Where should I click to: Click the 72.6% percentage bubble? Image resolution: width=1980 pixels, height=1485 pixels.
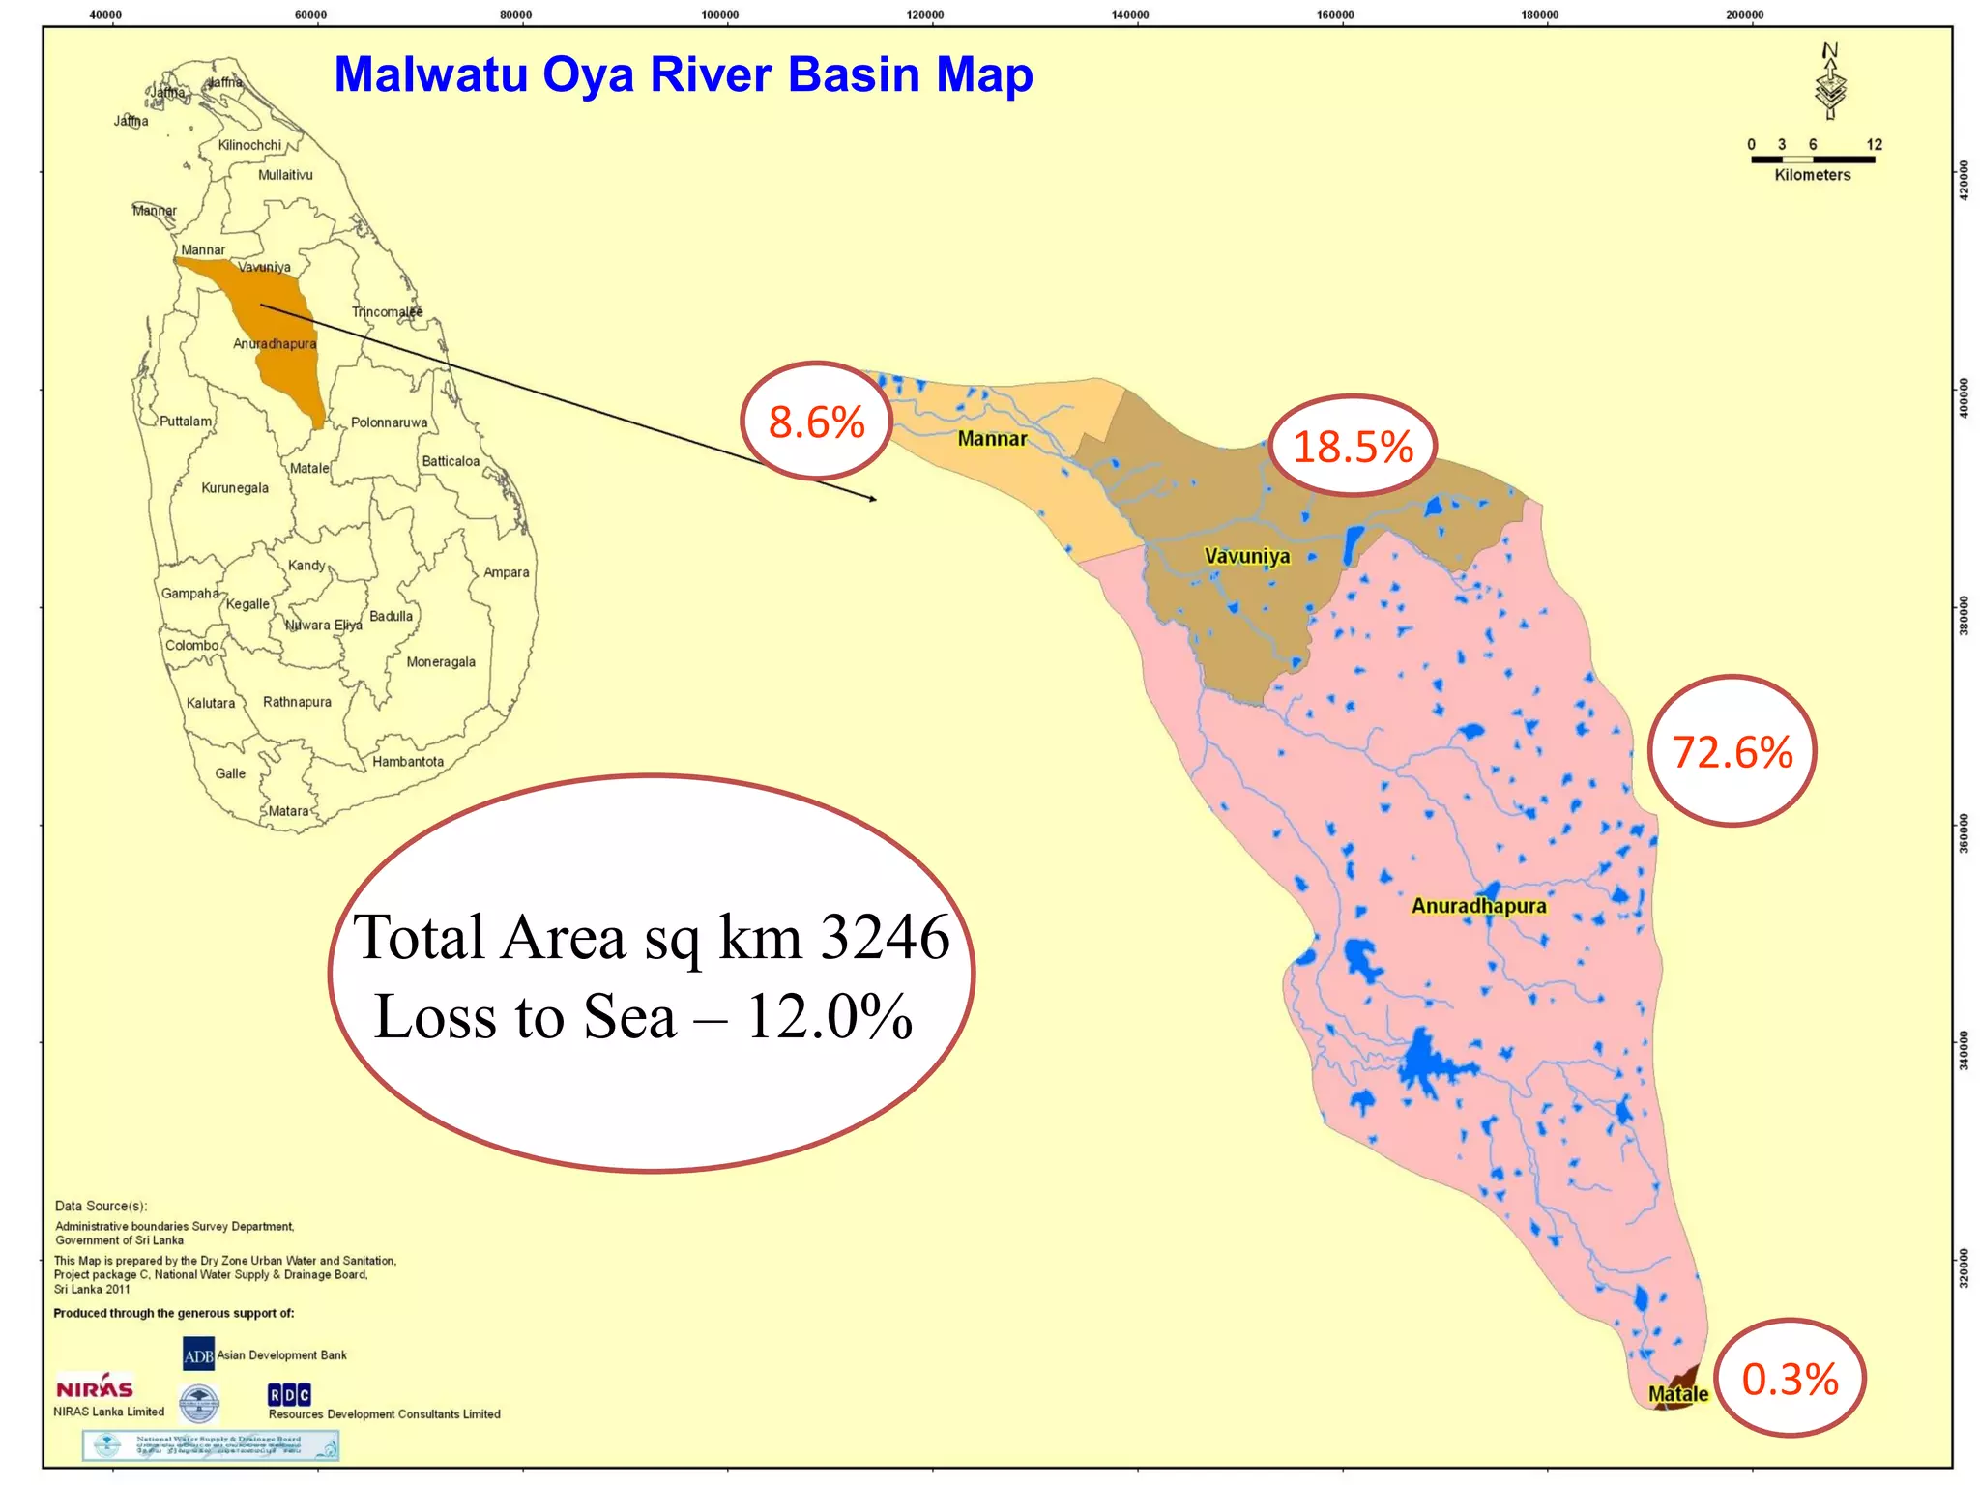(1732, 751)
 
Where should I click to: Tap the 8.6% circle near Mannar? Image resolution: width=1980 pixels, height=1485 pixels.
(817, 422)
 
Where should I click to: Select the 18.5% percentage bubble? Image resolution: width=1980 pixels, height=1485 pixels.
(1353, 446)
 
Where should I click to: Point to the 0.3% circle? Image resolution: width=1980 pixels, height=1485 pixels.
(1790, 1379)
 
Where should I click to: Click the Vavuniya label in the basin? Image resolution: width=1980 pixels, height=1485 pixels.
(1246, 556)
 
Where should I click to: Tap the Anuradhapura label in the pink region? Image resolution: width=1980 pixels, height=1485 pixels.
(1478, 906)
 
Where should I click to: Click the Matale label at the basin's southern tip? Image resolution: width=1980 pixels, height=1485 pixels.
(1677, 1394)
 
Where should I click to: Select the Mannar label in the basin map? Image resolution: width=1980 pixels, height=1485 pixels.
(992, 439)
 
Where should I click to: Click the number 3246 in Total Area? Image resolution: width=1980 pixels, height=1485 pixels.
(885, 937)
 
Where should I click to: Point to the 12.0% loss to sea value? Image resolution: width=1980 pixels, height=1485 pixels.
(830, 1017)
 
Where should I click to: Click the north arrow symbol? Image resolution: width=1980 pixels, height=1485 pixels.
(1830, 82)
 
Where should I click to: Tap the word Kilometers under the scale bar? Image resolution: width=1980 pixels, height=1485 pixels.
(1812, 175)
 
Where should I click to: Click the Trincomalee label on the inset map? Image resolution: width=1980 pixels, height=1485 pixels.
(387, 312)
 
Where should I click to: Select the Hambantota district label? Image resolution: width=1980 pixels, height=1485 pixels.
(408, 762)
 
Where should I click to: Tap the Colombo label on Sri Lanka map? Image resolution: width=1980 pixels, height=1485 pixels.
(191, 646)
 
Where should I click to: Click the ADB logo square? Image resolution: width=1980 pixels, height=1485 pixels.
(198, 1354)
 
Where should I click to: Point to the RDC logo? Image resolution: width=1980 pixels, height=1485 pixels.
(289, 1394)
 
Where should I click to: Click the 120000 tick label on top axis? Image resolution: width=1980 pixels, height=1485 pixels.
(925, 15)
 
